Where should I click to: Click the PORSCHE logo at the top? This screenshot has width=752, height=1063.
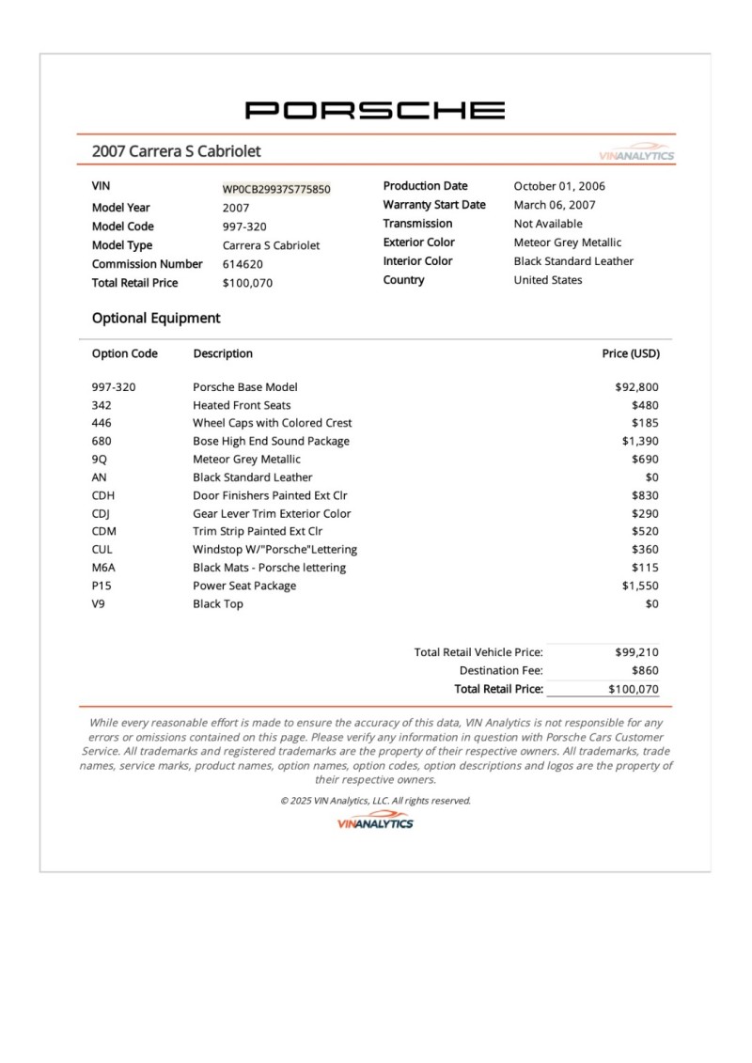375,110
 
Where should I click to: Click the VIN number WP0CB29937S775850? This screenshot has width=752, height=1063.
276,189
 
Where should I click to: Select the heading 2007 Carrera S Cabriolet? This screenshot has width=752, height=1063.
176,151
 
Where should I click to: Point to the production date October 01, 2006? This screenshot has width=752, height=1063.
561,186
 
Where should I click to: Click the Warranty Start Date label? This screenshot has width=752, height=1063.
434,205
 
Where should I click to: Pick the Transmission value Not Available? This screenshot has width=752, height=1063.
548,224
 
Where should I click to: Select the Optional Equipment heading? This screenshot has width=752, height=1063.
156,318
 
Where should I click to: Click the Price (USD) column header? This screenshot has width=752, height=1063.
631,354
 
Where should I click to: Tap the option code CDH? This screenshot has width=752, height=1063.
103,495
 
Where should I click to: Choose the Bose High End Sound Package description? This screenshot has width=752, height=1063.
271,441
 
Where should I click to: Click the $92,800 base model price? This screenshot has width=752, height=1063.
636,386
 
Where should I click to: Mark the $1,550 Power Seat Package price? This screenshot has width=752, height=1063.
640,586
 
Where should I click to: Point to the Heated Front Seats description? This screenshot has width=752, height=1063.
242,405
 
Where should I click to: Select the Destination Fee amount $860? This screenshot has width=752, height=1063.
645,671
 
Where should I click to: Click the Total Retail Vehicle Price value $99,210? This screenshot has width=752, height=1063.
637,652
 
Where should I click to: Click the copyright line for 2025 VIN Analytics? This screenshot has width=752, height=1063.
375,801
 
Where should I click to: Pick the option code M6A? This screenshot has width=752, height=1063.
104,568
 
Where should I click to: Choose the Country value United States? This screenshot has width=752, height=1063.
548,280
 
